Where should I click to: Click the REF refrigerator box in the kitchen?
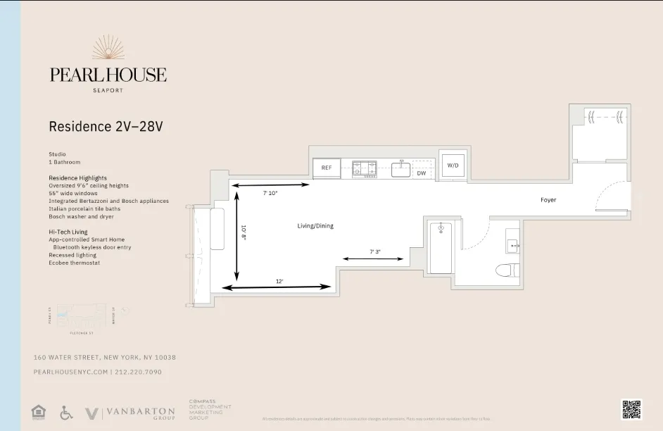[327, 168]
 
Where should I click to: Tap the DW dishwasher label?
[422, 173]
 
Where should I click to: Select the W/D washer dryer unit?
[452, 165]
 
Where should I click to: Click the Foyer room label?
[548, 200]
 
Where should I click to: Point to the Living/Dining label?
[315, 226]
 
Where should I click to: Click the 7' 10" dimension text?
[270, 193]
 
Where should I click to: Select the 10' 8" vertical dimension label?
[244, 233]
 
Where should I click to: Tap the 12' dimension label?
[279, 281]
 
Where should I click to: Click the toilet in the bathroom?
[507, 269]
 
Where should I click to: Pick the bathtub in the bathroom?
[441, 247]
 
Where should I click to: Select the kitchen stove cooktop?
[365, 168]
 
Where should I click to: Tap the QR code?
[631, 409]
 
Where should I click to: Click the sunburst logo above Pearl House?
[108, 48]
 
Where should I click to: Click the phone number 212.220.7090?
[139, 372]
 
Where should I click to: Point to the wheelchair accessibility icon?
[67, 412]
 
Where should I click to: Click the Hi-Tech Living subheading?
[68, 232]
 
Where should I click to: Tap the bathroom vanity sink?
[512, 245]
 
